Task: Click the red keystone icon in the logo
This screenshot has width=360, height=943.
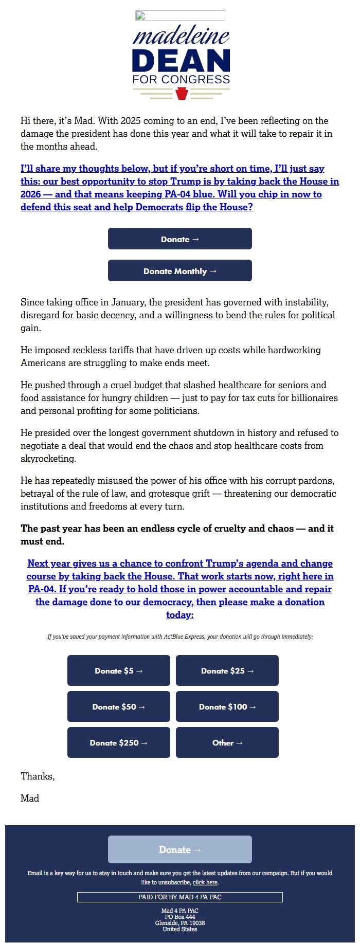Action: pyautogui.click(x=182, y=94)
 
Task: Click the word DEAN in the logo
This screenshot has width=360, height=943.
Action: pyautogui.click(x=181, y=61)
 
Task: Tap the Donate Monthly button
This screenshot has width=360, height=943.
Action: pyautogui.click(x=180, y=271)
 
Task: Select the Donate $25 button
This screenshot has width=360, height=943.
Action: pyautogui.click(x=227, y=671)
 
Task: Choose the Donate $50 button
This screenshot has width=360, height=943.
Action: pyautogui.click(x=119, y=707)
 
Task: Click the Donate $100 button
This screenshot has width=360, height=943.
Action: pyautogui.click(x=227, y=707)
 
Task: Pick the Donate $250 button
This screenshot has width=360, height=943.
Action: pyautogui.click(x=119, y=743)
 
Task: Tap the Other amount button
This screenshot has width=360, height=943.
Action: pyautogui.click(x=227, y=743)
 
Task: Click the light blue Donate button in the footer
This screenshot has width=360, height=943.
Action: pyautogui.click(x=180, y=850)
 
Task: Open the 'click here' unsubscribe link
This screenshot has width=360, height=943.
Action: pyautogui.click(x=205, y=883)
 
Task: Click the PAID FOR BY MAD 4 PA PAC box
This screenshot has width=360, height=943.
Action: pyautogui.click(x=180, y=897)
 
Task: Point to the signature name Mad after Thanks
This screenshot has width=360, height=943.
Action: pyautogui.click(x=30, y=799)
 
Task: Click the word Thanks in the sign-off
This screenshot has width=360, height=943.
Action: pyautogui.click(x=37, y=776)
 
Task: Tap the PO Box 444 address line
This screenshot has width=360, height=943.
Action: pyautogui.click(x=180, y=917)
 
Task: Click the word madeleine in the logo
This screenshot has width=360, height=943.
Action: pyautogui.click(x=181, y=37)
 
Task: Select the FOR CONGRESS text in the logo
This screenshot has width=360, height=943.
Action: pyautogui.click(x=181, y=80)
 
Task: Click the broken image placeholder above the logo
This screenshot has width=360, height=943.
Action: pyautogui.click(x=180, y=15)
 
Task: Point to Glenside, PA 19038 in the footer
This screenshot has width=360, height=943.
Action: pyautogui.click(x=180, y=923)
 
